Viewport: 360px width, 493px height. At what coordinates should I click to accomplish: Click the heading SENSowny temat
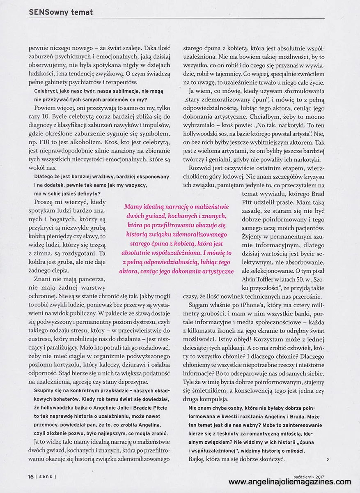point(61,12)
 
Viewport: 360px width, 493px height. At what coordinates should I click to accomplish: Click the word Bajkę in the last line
point(199,459)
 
